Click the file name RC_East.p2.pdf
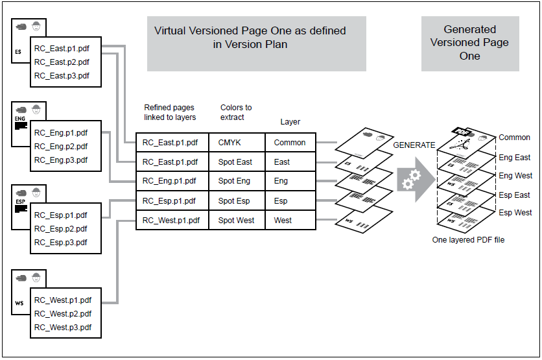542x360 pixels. click(62, 62)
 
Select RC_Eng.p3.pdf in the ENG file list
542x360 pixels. click(61, 160)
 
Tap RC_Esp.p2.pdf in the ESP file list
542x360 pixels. click(60, 228)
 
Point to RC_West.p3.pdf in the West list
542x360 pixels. click(63, 327)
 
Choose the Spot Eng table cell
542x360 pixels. click(234, 181)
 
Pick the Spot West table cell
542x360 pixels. click(236, 220)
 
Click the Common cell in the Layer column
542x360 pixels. click(289, 142)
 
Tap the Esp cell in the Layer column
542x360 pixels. click(281, 200)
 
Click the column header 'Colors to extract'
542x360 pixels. click(236, 112)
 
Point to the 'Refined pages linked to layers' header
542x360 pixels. click(170, 112)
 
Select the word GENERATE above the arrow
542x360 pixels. click(414, 145)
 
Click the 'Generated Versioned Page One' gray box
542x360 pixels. click(470, 43)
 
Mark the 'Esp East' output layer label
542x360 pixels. click(514, 195)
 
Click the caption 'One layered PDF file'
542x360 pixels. click(468, 240)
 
